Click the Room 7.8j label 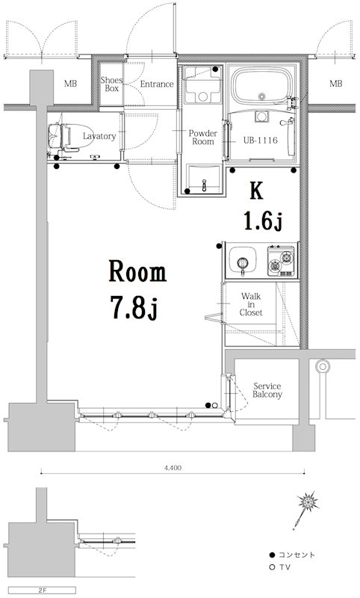click(x=137, y=289)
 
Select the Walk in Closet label click(x=251, y=304)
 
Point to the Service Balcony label click(x=267, y=390)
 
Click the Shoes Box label click(x=111, y=84)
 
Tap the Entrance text click(x=157, y=84)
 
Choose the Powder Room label click(x=203, y=138)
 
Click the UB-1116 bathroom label click(x=260, y=141)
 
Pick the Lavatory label click(x=99, y=136)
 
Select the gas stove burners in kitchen click(x=281, y=260)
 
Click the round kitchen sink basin click(x=242, y=261)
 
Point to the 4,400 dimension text click(x=173, y=468)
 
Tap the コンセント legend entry click(x=293, y=555)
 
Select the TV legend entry click(x=279, y=567)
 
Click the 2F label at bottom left click(x=42, y=591)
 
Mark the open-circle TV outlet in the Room click(x=215, y=405)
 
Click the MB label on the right click(x=335, y=83)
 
